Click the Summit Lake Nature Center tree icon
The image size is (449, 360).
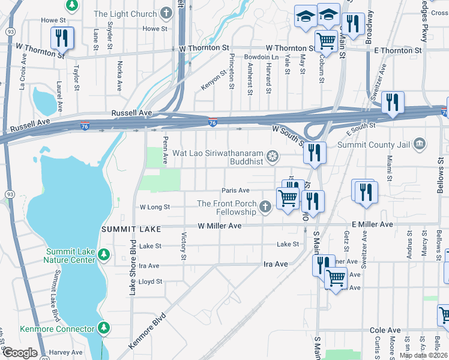[x=104, y=255]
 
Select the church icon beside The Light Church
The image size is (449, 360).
[x=166, y=13]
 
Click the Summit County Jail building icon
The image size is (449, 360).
[x=420, y=143]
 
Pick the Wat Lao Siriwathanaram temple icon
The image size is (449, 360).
[x=273, y=157]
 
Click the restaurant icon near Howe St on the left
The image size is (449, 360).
[x=62, y=38]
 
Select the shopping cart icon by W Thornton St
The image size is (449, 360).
[x=326, y=41]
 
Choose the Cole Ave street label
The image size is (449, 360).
[x=385, y=330]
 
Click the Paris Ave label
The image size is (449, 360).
[x=235, y=190]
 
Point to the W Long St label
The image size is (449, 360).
[x=154, y=206]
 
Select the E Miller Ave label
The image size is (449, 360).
[x=372, y=224]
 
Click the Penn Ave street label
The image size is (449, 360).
[x=165, y=153]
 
